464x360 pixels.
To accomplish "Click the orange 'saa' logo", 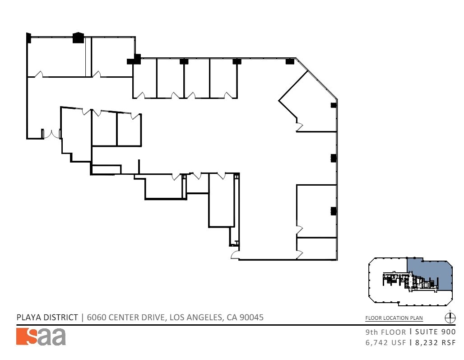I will [41, 337].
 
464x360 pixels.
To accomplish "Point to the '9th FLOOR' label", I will [385, 332].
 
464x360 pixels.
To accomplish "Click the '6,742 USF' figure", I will [385, 342].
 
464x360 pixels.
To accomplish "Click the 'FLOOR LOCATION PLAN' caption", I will [394, 318].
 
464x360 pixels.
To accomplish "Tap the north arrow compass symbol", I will [450, 318].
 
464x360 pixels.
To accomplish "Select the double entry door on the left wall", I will [51, 134].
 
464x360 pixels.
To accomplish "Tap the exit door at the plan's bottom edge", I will [235, 256].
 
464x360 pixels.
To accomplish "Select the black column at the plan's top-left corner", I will [29, 38].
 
